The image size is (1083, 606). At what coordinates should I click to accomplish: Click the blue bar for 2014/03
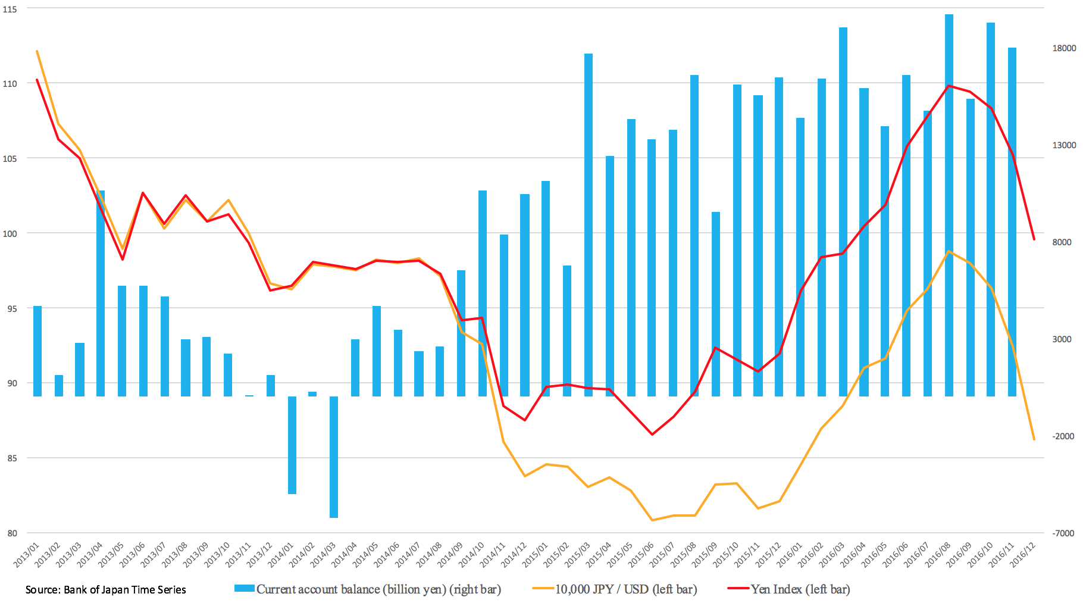[x=334, y=457]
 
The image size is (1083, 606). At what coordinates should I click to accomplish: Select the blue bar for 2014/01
[x=292, y=445]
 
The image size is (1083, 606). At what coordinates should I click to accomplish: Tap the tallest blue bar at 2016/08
[x=949, y=205]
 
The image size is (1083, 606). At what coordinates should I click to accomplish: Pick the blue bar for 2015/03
[x=589, y=224]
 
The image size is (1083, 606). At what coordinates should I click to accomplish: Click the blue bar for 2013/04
[x=101, y=293]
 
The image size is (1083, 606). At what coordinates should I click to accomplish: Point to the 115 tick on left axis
[x=10, y=9]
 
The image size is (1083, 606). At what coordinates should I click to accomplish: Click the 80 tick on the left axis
[x=12, y=533]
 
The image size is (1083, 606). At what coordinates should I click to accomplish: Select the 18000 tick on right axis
[x=1064, y=48]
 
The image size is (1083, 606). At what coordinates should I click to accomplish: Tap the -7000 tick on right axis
[x=1063, y=533]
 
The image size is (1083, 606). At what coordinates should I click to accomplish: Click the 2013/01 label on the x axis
[x=27, y=555]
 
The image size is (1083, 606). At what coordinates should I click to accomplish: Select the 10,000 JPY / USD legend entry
[x=625, y=589]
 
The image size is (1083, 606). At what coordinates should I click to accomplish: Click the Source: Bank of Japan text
[x=105, y=590]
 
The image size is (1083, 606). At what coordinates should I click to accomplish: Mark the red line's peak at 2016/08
[x=949, y=86]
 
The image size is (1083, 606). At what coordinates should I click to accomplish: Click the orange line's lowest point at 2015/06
[x=652, y=520]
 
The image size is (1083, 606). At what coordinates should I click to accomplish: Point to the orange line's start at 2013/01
[x=37, y=51]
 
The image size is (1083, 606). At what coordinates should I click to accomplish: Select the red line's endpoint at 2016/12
[x=1034, y=239]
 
